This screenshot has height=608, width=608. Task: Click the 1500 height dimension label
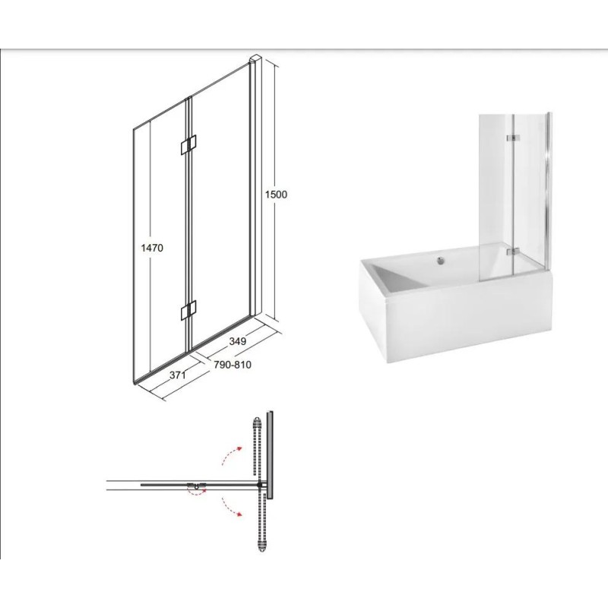pyautogui.click(x=276, y=195)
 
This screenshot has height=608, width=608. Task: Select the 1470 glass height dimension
pyautogui.click(x=152, y=248)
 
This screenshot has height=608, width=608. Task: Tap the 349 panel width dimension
pyautogui.click(x=238, y=341)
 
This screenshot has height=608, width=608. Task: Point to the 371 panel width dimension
pyautogui.click(x=178, y=375)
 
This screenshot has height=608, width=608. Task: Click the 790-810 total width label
pyautogui.click(x=233, y=365)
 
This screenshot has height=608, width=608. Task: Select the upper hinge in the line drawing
pyautogui.click(x=188, y=145)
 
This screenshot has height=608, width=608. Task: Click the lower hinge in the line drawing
pyautogui.click(x=188, y=310)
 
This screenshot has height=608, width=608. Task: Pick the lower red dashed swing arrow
pyautogui.click(x=232, y=506)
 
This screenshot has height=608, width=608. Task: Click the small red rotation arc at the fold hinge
pyautogui.click(x=197, y=492)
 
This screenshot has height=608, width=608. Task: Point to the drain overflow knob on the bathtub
pyautogui.click(x=440, y=261)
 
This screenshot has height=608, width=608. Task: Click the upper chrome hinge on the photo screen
pyautogui.click(x=513, y=138)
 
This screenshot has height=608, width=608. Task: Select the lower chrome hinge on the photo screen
pyautogui.click(x=513, y=252)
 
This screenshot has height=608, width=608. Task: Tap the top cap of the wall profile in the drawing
pyautogui.click(x=256, y=59)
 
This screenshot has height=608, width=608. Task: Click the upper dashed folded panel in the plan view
pyautogui.click(x=257, y=447)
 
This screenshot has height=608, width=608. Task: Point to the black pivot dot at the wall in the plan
pyautogui.click(x=259, y=484)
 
